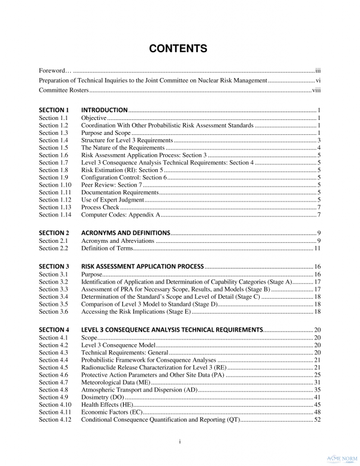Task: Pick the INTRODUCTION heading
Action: pyautogui.click(x=104, y=110)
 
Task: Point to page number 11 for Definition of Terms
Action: pyautogui.click(x=317, y=248)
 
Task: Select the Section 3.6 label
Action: pyautogui.click(x=53, y=312)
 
